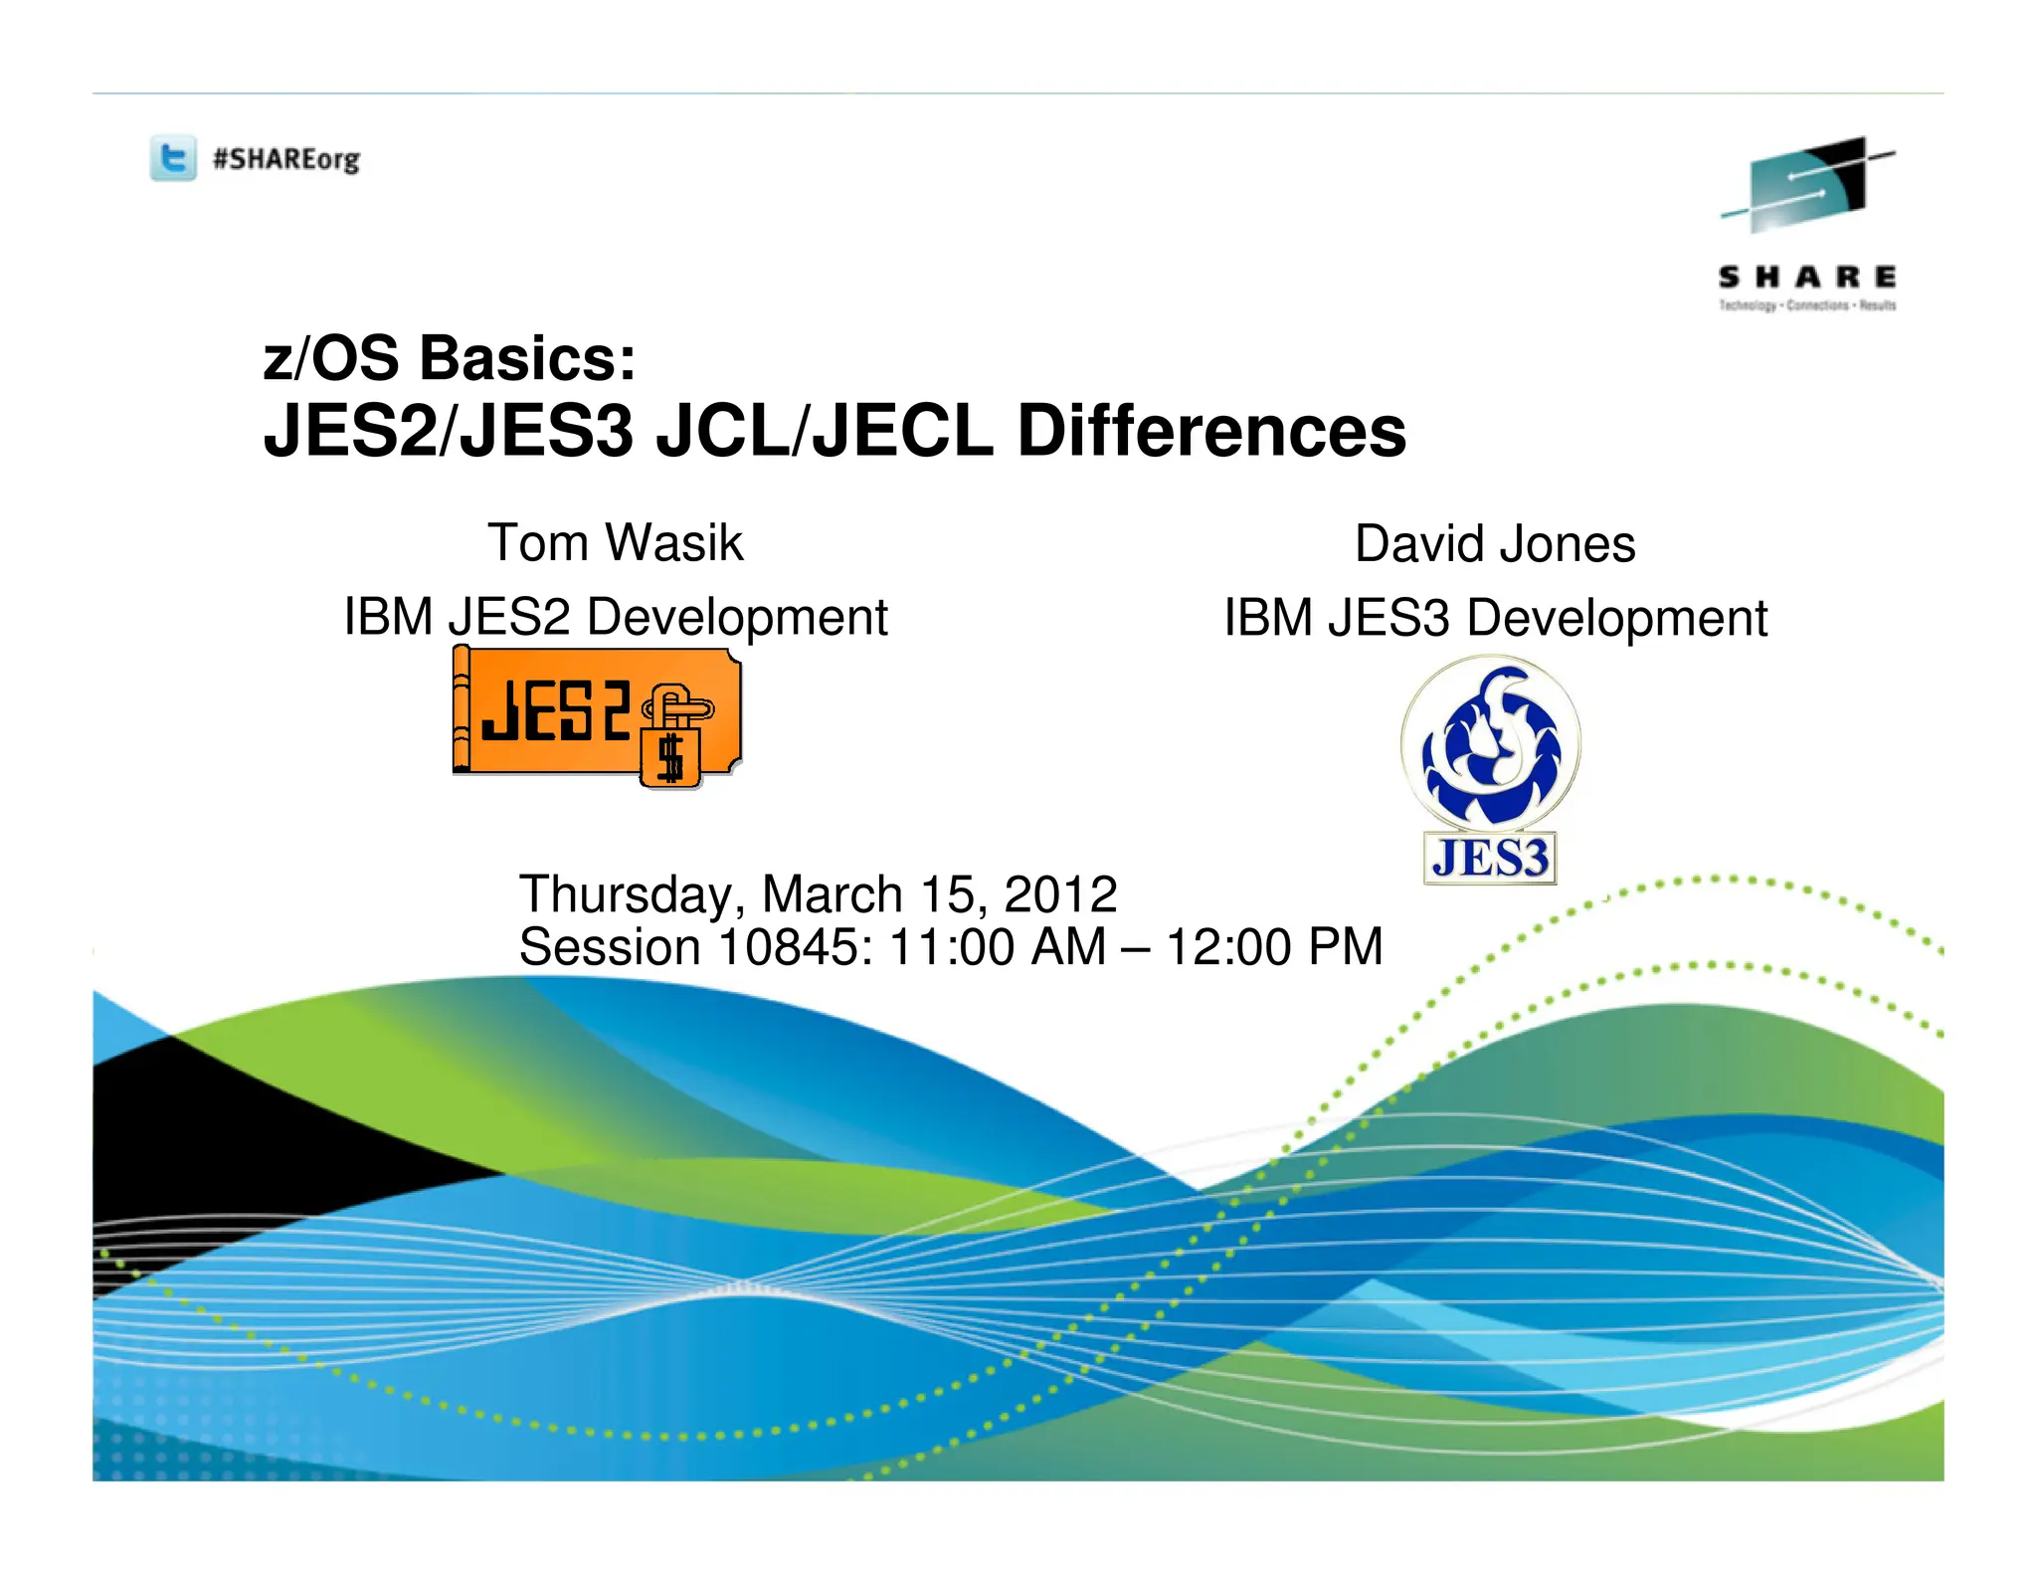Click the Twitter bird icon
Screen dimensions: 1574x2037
[173, 159]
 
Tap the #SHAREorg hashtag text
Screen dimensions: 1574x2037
[286, 159]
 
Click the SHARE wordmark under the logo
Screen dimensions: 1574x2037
[1806, 277]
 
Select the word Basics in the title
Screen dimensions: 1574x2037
[527, 358]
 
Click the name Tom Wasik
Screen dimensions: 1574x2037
[615, 543]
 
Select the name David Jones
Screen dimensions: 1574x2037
[1495, 544]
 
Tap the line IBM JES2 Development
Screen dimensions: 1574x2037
[615, 617]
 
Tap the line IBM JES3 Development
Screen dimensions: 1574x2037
[1495, 618]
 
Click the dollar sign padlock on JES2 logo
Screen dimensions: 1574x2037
[671, 756]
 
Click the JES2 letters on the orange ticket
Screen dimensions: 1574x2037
[555, 710]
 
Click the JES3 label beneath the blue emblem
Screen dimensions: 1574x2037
[1490, 858]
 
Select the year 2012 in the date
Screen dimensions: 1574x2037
[1060, 894]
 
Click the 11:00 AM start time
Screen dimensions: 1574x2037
[997, 947]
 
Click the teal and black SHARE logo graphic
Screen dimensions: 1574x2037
[1806, 185]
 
